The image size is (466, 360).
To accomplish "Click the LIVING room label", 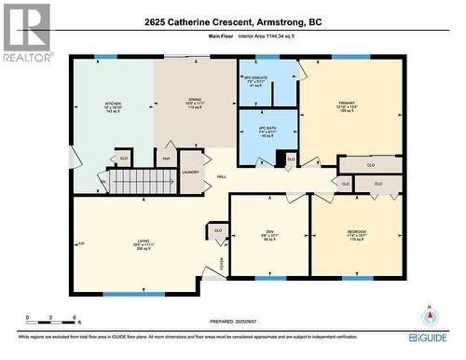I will (x=143, y=244).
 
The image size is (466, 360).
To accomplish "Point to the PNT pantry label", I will (x=167, y=159).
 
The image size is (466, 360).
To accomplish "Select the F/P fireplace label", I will (x=81, y=244).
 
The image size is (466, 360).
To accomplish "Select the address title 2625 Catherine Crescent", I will (x=233, y=21).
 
